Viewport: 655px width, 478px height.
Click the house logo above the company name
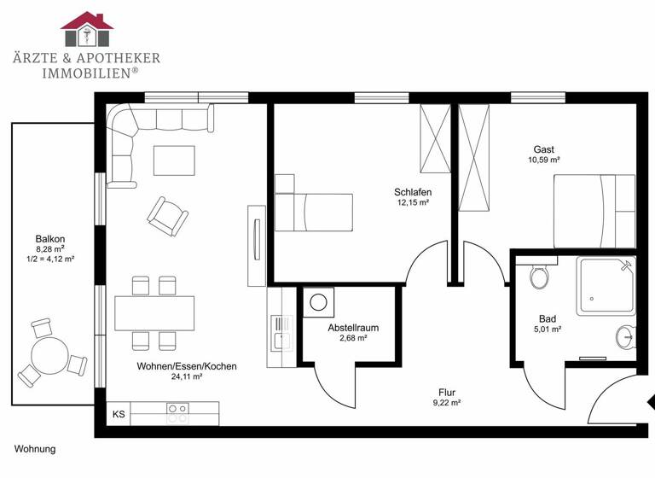click(x=87, y=31)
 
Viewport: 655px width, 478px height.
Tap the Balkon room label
click(x=50, y=239)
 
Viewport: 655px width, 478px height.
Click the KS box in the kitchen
click(x=119, y=414)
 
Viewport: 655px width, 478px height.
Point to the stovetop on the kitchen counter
click(x=177, y=413)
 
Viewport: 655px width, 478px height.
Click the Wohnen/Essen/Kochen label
click(x=187, y=366)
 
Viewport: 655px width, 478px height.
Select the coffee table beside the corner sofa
click(x=174, y=160)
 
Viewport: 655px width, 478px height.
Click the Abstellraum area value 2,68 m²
click(x=353, y=338)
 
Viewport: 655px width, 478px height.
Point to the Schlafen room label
click(x=413, y=192)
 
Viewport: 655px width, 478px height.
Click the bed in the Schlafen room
click(x=314, y=211)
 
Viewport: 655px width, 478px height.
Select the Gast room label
click(x=543, y=148)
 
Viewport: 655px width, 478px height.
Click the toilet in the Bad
click(x=539, y=276)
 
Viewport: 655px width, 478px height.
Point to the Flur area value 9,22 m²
click(x=446, y=403)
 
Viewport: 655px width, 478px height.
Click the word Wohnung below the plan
click(x=34, y=448)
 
